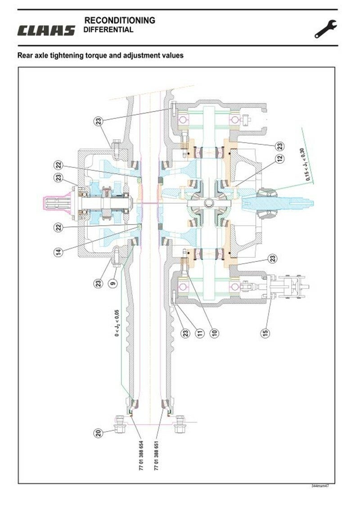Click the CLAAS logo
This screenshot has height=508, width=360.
point(46,31)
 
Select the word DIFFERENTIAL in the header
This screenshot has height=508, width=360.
point(108,30)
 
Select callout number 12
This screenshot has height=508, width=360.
point(279,158)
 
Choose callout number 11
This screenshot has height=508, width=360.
point(200,333)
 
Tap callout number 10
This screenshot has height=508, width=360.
point(214,333)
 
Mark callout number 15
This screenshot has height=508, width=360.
point(266,333)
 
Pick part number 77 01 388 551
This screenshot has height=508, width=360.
point(157,455)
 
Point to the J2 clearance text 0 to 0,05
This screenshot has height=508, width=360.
point(116,322)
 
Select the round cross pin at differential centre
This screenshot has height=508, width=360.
point(208,204)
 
